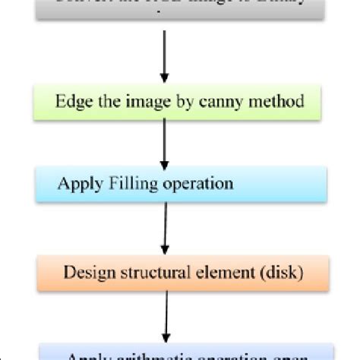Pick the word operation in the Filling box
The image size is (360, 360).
[x=197, y=185]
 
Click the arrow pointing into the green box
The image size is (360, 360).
[x=164, y=58]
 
